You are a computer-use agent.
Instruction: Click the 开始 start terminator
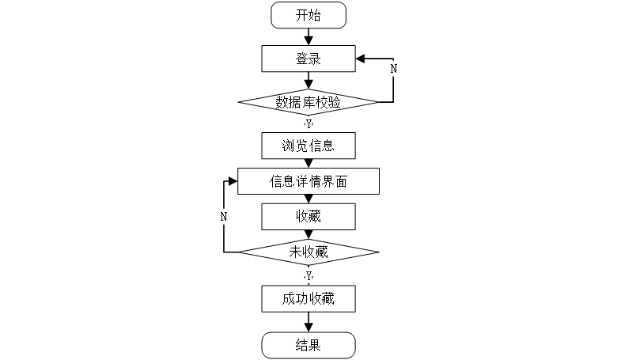tap(308, 14)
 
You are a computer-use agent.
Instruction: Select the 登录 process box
tap(308, 58)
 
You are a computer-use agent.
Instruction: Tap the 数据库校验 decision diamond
tap(308, 102)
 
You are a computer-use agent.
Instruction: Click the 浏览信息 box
tap(308, 146)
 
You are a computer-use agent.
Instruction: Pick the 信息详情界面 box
tap(308, 181)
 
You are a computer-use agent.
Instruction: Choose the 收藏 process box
tap(308, 216)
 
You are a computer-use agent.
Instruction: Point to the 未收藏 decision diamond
tap(308, 252)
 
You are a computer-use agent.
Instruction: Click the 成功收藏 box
tap(308, 298)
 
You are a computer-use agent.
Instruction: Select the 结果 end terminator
tap(308, 345)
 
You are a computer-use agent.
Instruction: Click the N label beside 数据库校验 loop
tap(394, 68)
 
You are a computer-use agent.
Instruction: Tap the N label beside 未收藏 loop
tap(224, 216)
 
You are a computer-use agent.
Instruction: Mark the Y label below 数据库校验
tap(308, 123)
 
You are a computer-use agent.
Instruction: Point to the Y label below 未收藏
tap(308, 275)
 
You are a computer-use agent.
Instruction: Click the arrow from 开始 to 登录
tap(308, 36)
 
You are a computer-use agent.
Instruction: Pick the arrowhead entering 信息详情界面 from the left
tap(232, 181)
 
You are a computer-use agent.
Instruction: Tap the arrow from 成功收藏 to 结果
tap(308, 322)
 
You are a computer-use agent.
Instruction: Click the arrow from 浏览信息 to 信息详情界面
tap(308, 163)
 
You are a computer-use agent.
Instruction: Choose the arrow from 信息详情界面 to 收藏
tap(308, 199)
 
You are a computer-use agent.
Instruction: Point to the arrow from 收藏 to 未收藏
tap(308, 233)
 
